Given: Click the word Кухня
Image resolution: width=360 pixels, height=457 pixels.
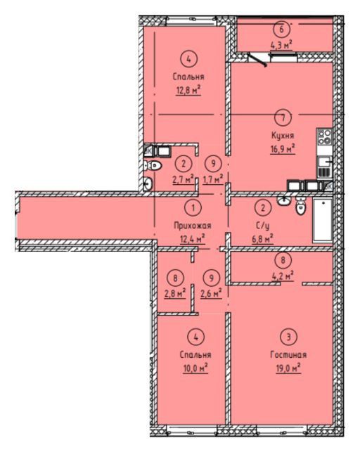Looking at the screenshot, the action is click(x=283, y=136).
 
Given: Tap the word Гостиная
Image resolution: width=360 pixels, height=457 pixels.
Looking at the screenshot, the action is click(x=288, y=354).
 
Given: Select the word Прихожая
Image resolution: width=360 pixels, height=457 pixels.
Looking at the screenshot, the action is click(x=193, y=225).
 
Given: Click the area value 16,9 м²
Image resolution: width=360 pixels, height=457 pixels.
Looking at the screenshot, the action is click(x=283, y=149).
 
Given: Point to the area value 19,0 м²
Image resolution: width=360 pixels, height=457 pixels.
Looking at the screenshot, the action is click(x=288, y=368).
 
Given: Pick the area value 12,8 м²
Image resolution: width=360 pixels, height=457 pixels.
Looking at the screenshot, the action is click(x=188, y=90).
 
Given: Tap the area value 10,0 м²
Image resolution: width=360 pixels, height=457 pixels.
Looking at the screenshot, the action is click(x=195, y=368).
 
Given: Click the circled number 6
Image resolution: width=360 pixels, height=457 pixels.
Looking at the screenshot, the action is click(x=281, y=29).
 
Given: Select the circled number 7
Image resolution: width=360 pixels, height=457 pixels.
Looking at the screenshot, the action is click(x=283, y=117).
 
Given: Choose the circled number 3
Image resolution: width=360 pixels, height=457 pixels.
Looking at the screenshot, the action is click(x=288, y=337).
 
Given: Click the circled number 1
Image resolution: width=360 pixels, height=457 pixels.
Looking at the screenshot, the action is click(x=193, y=208).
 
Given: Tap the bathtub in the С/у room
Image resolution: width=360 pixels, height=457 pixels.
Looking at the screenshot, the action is click(x=323, y=220).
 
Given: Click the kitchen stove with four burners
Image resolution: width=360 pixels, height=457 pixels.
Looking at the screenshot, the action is click(x=324, y=136).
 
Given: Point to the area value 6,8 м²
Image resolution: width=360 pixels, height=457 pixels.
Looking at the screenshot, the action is click(x=262, y=239).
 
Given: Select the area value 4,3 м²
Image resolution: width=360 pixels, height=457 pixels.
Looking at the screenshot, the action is click(x=281, y=46).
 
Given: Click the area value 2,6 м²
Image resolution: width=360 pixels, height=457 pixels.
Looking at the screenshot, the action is click(x=211, y=293).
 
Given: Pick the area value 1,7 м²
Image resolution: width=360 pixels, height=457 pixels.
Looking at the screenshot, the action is click(x=213, y=179).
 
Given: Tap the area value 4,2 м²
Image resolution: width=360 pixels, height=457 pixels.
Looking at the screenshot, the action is click(x=283, y=276).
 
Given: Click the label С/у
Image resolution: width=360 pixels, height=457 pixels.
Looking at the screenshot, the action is click(x=262, y=225).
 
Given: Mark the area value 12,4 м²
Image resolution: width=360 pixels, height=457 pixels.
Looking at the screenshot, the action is click(x=193, y=239).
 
